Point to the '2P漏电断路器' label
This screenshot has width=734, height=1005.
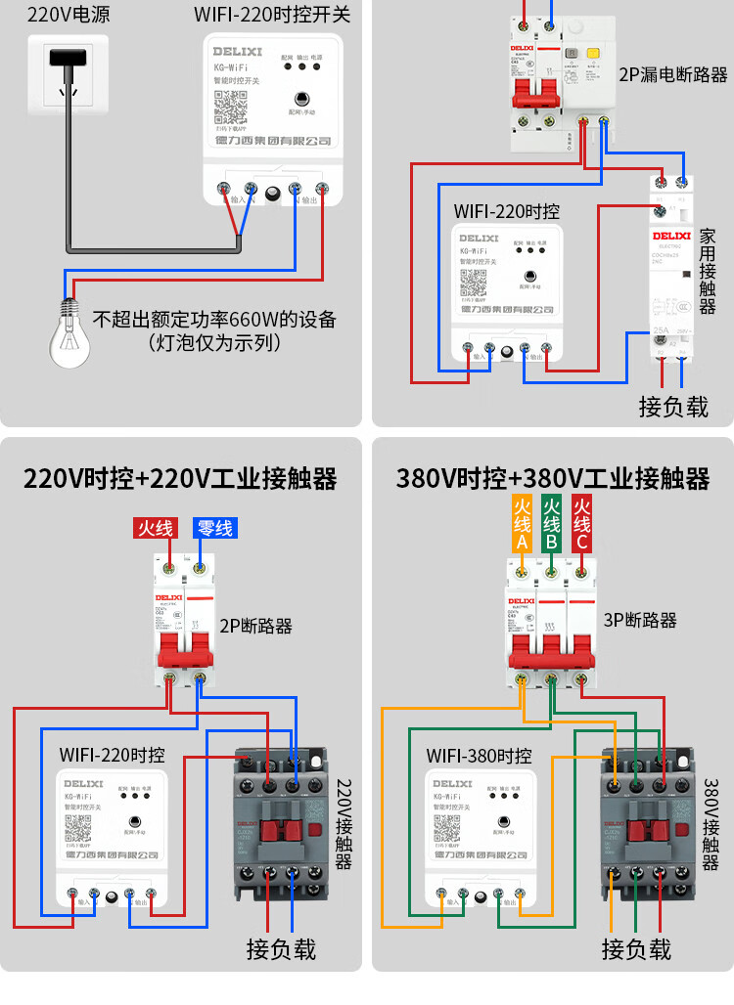click(672, 74)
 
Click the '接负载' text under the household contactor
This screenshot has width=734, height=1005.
click(673, 406)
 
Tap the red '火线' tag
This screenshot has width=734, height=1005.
click(155, 528)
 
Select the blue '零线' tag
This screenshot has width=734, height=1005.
click(214, 528)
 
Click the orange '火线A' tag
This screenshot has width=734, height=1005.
click(523, 522)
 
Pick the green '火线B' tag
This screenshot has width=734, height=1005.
click(552, 522)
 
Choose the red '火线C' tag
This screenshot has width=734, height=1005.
click(582, 522)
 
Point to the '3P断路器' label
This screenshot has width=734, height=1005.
click(640, 620)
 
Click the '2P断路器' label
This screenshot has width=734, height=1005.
click(255, 626)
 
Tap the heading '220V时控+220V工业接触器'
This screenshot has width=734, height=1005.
click(180, 479)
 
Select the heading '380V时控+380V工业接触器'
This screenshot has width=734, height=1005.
click(553, 479)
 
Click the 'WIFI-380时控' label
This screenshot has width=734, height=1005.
click(479, 756)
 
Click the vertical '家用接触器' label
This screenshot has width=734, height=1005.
click(708, 272)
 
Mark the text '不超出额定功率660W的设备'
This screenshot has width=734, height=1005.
click(214, 320)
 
